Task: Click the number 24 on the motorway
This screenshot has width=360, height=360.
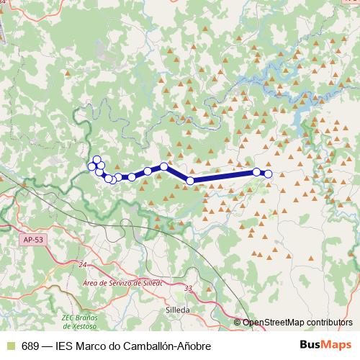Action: [x=82, y=266]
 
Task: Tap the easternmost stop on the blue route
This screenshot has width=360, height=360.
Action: [x=269, y=174]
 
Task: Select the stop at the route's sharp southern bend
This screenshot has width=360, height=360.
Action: [x=190, y=181]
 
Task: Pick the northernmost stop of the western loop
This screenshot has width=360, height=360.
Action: [x=96, y=159]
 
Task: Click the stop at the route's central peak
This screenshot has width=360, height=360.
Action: [x=164, y=166]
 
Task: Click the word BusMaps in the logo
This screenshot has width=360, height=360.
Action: [x=325, y=344]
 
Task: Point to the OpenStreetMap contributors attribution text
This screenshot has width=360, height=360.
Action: [x=297, y=323]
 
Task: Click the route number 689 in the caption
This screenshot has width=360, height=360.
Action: [x=31, y=345]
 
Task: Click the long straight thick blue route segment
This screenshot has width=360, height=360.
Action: [x=223, y=176]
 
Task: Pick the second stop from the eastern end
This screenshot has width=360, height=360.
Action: [x=256, y=172]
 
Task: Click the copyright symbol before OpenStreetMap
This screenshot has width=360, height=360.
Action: [x=238, y=323]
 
